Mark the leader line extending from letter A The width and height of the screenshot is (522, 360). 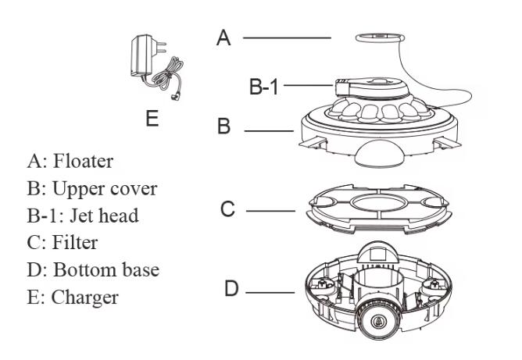click(286, 37)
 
